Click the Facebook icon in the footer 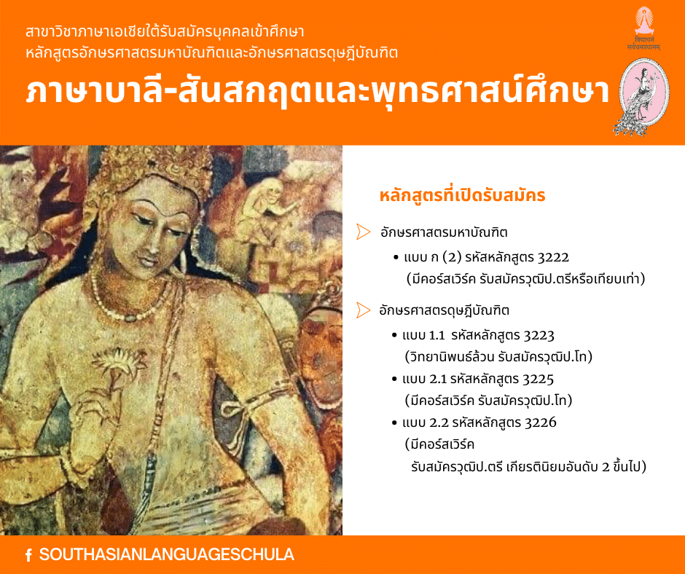tap(28, 555)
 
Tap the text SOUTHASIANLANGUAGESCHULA tap(166, 554)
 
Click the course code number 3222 tap(553, 257)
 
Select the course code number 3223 tap(539, 336)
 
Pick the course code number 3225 tap(538, 379)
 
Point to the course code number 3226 tap(541, 422)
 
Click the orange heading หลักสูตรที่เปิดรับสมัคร tap(462, 194)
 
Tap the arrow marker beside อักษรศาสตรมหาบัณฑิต tap(363, 232)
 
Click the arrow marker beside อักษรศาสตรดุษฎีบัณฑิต tap(363, 310)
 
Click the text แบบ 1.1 tap(423, 336)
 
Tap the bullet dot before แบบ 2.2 tap(394, 423)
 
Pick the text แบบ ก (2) tap(433, 257)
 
